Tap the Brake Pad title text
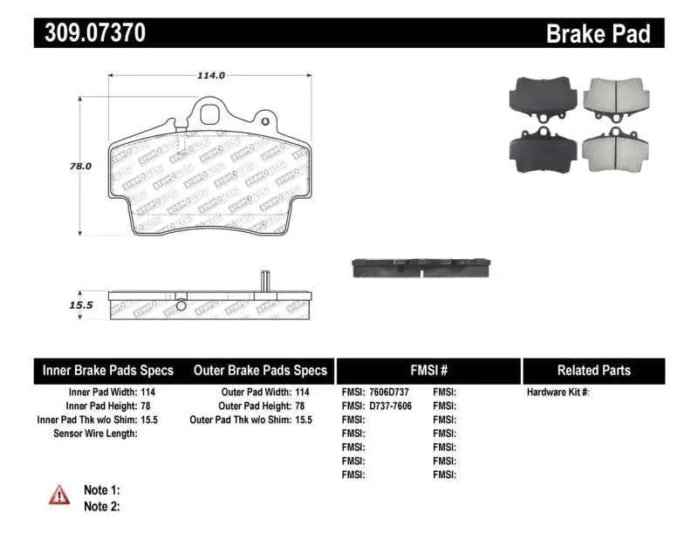pos(598,33)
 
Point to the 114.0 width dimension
pos(210,75)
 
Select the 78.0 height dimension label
pos(80,164)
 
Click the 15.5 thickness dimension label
pos(80,305)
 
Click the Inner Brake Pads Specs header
pos(108,370)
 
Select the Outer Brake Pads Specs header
pos(260,370)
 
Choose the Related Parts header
pos(593,370)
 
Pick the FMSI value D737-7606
pos(389,406)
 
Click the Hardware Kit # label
pos(558,393)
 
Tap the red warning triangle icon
pos(59,495)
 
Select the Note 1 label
pos(101,490)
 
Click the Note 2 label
pos(101,506)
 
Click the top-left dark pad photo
pos(542,98)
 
